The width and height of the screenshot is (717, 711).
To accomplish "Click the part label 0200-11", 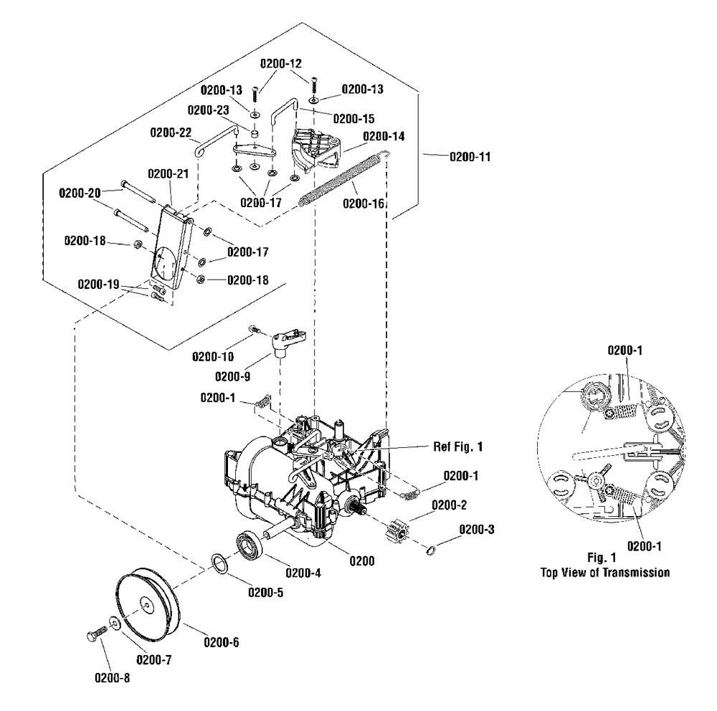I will (470, 155).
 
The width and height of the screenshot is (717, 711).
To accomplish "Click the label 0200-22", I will (171, 133).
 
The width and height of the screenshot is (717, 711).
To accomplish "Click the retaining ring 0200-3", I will (430, 550).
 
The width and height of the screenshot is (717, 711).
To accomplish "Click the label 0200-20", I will (81, 191).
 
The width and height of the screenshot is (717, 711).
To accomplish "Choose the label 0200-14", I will (384, 135).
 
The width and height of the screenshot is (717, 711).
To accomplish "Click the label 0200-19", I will (99, 285).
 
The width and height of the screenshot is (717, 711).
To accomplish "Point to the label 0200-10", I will (212, 356).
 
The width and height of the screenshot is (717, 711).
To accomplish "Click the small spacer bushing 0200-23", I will (255, 134).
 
